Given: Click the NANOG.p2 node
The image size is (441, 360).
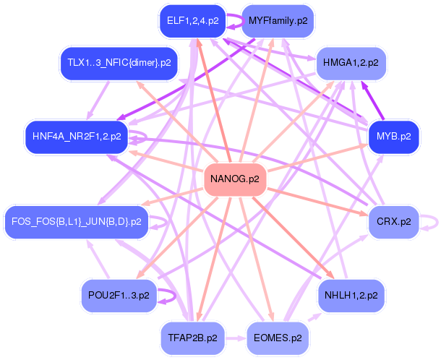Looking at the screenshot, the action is [235, 179].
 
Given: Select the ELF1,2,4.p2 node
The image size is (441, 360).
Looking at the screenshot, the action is [192, 21].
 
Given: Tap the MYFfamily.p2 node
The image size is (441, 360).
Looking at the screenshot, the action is [278, 21].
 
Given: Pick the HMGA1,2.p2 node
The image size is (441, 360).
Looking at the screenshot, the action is [351, 63].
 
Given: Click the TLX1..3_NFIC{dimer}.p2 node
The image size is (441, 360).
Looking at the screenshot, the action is [119, 63].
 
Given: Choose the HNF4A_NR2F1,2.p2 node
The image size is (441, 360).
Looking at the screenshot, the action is [77, 137].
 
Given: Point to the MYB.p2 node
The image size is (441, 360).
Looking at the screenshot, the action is [394, 137].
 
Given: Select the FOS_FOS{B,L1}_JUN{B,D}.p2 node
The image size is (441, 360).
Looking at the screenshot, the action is [77, 222].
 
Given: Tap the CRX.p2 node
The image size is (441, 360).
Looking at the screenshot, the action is [394, 222].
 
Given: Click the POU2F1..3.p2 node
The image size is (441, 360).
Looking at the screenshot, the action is [119, 296].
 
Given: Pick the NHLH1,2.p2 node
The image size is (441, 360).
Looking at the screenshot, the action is [351, 296].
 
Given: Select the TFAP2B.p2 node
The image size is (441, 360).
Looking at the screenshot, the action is [192, 338].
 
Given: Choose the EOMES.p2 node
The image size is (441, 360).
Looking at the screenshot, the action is [278, 338].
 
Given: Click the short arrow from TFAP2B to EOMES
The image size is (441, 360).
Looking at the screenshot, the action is [236, 338].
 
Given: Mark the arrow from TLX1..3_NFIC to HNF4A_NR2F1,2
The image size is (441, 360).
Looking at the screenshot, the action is [98, 100].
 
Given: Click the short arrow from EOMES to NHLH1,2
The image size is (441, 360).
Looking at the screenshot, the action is [315, 317].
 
